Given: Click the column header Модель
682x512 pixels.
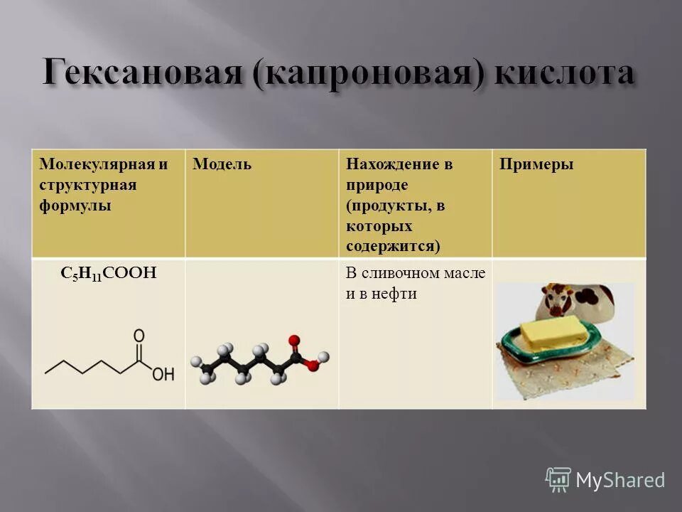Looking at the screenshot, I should [222, 164].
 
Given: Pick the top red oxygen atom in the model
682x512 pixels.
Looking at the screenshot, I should [294, 341].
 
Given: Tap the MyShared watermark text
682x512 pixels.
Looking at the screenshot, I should [620, 480].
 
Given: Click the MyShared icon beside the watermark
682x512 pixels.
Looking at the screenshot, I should [558, 480].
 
